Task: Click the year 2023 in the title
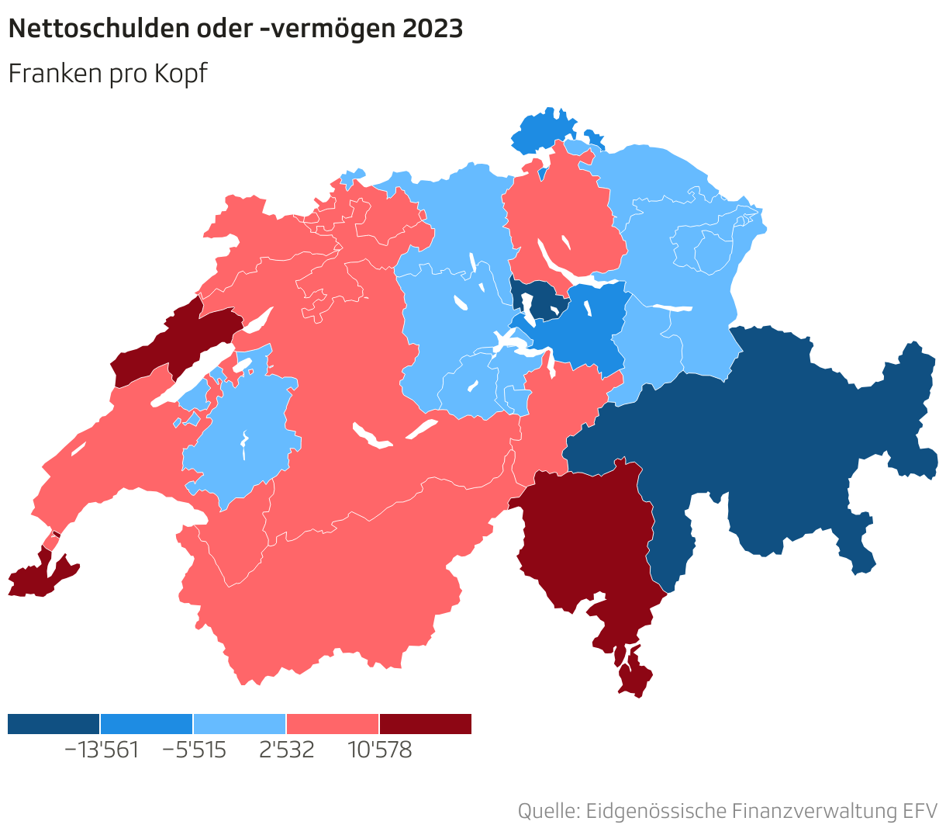[433, 29]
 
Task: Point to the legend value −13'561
[101, 750]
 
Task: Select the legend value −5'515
[194, 750]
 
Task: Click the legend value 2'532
[287, 750]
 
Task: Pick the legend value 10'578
[379, 750]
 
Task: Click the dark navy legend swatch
[54, 724]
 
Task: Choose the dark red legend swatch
[425, 724]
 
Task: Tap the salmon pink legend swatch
[333, 724]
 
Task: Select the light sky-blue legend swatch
[240, 724]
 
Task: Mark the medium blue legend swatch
[147, 724]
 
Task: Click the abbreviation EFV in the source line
[920, 811]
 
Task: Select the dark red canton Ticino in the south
[589, 543]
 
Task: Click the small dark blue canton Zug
[543, 299]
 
